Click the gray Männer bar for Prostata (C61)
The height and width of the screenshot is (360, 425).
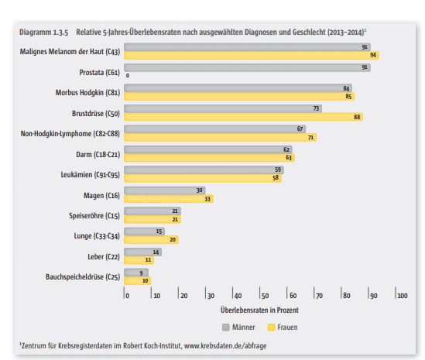point(247,67)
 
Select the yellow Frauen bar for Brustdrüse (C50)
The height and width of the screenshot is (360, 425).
point(243,117)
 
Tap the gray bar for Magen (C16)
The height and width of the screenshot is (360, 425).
point(165,190)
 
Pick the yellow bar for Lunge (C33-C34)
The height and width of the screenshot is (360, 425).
point(151,240)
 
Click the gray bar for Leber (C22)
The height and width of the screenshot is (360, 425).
point(143,252)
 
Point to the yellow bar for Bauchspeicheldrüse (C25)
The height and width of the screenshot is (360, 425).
point(138,280)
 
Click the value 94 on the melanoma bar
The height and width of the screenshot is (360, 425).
point(373,55)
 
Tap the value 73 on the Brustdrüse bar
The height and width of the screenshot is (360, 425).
point(316,108)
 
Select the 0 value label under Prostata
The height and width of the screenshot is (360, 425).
point(128,76)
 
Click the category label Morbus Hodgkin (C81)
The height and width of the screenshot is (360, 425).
point(87,93)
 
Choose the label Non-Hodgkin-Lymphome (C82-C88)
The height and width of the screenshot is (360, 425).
point(70,134)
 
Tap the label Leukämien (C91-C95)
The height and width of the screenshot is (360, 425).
point(90,175)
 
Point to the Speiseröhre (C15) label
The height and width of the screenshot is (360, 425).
point(94,216)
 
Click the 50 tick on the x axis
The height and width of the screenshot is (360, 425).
point(265,296)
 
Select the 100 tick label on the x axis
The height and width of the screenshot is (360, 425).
point(403,296)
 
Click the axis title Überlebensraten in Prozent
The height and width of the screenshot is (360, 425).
point(259,310)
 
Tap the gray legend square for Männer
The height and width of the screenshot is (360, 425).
point(226,327)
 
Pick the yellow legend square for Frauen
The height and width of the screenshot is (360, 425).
point(271,327)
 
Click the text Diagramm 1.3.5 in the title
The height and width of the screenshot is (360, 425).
point(43,33)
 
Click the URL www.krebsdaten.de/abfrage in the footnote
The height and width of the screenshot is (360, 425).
point(225,345)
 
